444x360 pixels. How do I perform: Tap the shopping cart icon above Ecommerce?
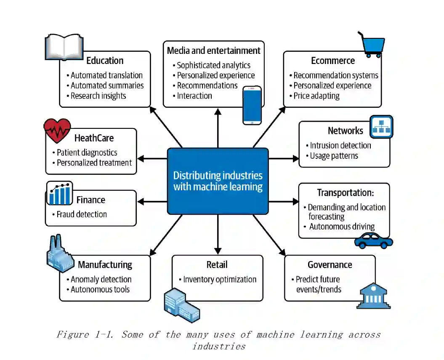click(x=371, y=44)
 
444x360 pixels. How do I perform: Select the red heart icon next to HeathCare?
click(x=57, y=131)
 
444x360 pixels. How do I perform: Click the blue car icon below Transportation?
click(x=373, y=240)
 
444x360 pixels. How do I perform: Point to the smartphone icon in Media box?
click(x=252, y=105)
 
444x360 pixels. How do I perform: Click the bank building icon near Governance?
click(x=372, y=296)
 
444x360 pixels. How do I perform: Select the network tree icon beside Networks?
click(x=381, y=127)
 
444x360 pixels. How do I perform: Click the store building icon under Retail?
click(x=181, y=304)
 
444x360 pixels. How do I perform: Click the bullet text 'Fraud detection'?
click(x=82, y=214)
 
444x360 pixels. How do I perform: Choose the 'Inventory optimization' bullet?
click(x=220, y=279)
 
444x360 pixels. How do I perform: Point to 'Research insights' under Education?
click(x=98, y=96)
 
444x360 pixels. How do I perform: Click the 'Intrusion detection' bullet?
click(x=340, y=146)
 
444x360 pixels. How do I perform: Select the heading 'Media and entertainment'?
click(x=214, y=51)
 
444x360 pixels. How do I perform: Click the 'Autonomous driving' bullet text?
click(x=342, y=227)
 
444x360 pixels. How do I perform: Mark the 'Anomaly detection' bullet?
click(x=101, y=279)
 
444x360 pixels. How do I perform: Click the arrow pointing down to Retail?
click(x=218, y=236)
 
